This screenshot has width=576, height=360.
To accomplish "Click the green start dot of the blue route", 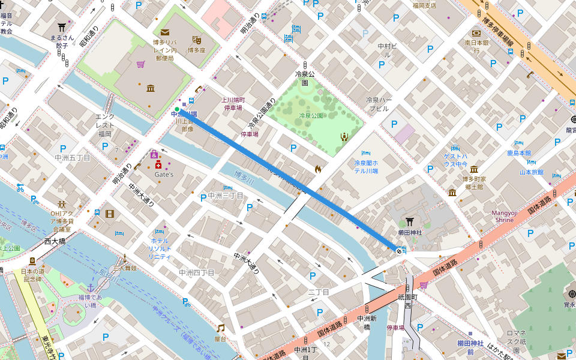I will tap(177, 109).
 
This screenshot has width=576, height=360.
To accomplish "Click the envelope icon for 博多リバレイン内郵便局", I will tap(164, 32).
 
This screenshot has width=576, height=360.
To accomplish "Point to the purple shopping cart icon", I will tap(140, 64).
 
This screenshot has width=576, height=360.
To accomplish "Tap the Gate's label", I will tap(164, 175).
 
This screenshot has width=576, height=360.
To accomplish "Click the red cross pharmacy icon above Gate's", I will tap(158, 165).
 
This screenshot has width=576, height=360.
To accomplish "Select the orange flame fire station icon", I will tap(317, 169).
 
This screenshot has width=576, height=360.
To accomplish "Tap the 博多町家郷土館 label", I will tap(474, 182).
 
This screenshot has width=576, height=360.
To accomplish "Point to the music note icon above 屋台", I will tap(221, 328).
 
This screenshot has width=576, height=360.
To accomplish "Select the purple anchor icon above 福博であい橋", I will tap(91, 287).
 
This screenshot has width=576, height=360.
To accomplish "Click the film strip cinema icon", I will tap(109, 214).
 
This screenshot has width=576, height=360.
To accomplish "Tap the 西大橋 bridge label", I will tap(55, 241).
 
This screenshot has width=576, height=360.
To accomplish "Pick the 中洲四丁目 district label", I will tap(196, 272).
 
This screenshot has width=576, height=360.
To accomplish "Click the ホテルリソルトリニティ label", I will tap(160, 248).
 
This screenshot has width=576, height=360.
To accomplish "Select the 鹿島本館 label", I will tap(519, 153).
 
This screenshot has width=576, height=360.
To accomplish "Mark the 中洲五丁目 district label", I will tap(72, 158).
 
